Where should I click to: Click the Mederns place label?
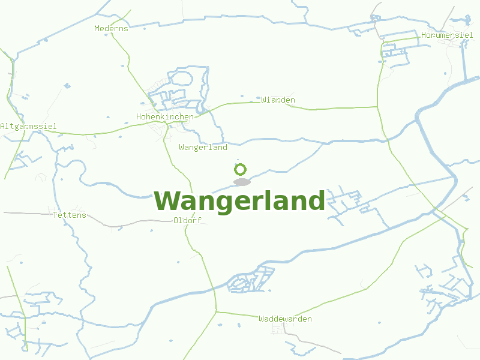pos(112,28)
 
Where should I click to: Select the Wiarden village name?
pos(278,100)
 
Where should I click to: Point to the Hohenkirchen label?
pos(165,116)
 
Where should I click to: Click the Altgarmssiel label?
pos(28,126)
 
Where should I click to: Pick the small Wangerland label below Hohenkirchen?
pos(203,147)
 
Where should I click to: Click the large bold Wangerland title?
pos(239,201)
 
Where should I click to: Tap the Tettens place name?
pos(70,215)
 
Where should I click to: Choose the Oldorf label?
pos(187,220)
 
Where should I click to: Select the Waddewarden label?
pos(285,319)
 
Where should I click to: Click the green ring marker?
pos(241,169)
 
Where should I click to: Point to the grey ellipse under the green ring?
pos(241,182)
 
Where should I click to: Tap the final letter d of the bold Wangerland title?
pos(316,201)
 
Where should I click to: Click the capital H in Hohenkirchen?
pos(139,116)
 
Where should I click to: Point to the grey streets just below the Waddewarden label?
pos(280,329)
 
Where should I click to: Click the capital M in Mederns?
pos(97,28)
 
